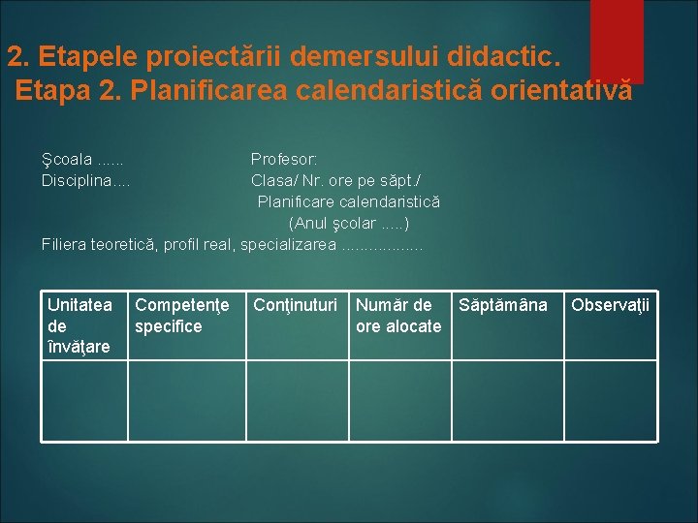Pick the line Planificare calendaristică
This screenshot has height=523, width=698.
(x=348, y=201)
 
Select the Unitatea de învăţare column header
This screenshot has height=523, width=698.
(x=79, y=325)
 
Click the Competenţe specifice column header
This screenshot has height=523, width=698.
(x=182, y=316)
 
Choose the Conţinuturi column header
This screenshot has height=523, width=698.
(x=295, y=306)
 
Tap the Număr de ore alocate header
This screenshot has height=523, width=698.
(x=397, y=316)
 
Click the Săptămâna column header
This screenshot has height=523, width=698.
(x=502, y=306)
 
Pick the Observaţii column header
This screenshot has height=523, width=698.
(x=610, y=306)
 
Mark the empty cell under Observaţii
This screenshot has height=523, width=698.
(x=609, y=400)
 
